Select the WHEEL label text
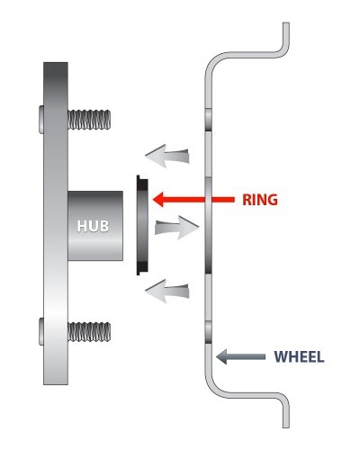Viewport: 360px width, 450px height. click(299, 355)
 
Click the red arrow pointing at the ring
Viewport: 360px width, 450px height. click(189, 199)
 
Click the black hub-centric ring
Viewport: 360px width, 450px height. click(139, 225)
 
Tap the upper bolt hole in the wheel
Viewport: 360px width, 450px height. click(209, 119)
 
